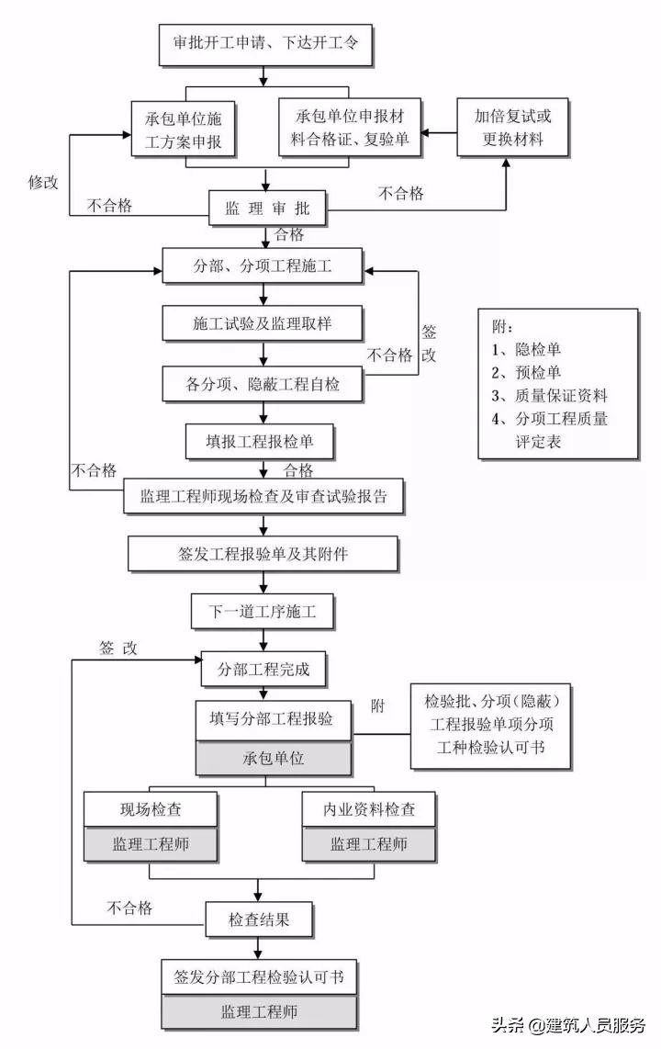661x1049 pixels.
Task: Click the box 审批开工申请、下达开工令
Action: pyautogui.click(x=266, y=42)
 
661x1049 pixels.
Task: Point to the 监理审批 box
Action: pyautogui.click(x=266, y=209)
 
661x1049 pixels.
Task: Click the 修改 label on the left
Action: pyautogui.click(x=42, y=182)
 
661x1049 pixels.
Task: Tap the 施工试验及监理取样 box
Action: pyautogui.click(x=264, y=324)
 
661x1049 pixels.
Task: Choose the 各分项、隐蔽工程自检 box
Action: pyautogui.click(x=264, y=384)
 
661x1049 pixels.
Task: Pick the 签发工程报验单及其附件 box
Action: pyautogui.click(x=263, y=555)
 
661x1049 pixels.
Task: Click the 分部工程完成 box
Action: pyautogui.click(x=263, y=670)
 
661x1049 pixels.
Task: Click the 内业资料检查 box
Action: pyautogui.click(x=368, y=809)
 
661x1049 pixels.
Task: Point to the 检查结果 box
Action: pyautogui.click(x=259, y=918)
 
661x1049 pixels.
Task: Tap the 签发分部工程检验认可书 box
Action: pyautogui.click(x=259, y=976)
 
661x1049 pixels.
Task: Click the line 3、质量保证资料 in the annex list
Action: pyautogui.click(x=549, y=396)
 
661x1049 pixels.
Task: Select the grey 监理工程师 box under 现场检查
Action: pyautogui.click(x=151, y=844)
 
